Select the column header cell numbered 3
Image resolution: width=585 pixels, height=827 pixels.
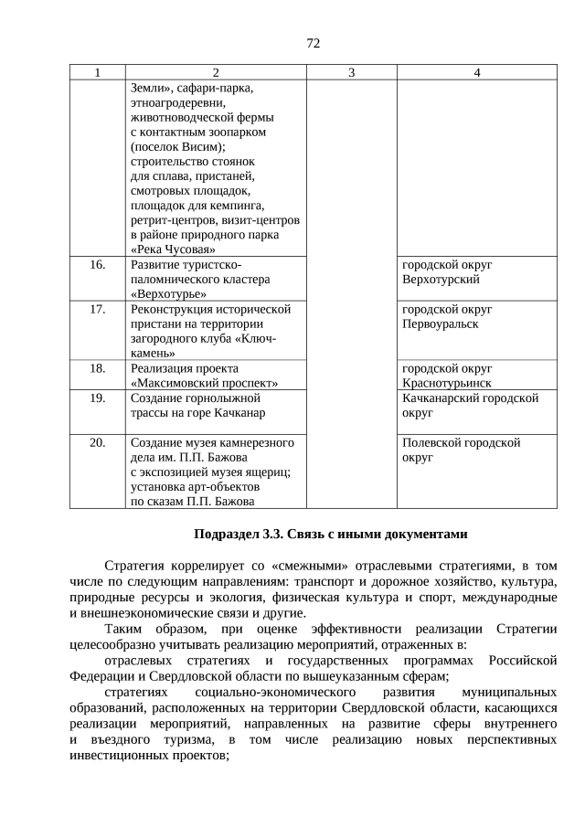(x=351, y=73)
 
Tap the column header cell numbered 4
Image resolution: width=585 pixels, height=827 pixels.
(x=476, y=73)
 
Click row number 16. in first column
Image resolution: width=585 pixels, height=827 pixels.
(x=98, y=265)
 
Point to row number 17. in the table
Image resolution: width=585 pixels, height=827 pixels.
(x=98, y=310)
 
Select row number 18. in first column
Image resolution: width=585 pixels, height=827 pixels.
(x=98, y=368)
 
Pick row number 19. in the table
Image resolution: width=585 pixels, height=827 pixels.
(x=98, y=398)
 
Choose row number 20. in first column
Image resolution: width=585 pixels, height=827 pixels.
(x=98, y=442)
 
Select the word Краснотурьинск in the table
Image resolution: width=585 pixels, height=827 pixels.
(x=447, y=383)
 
